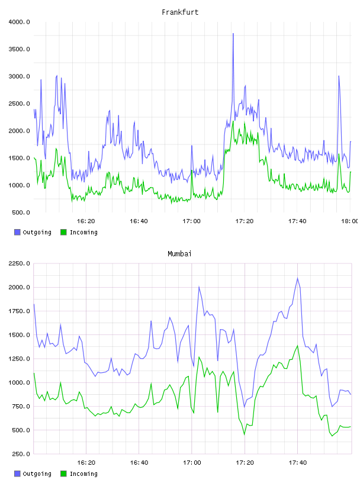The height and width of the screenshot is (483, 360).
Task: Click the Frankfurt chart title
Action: pos(180,12)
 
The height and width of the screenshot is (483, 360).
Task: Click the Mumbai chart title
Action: pos(179,253)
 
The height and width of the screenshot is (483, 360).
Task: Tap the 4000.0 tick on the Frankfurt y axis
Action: pos(19,22)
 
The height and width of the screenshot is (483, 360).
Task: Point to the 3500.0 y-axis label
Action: pos(19,49)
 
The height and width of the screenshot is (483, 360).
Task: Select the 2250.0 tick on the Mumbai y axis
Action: pos(19,263)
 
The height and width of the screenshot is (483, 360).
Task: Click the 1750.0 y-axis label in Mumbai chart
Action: pos(19,311)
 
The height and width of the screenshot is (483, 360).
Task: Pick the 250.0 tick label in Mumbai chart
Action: pos(21,454)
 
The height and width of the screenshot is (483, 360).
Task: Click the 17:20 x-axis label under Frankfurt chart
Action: pos(245,221)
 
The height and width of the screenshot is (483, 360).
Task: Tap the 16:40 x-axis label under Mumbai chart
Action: pos(139,462)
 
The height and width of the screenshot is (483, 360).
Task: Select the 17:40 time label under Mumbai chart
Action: pos(298,462)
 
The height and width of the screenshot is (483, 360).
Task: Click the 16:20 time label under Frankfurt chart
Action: pos(86,221)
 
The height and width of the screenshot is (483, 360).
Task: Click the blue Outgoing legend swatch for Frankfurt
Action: pos(17,232)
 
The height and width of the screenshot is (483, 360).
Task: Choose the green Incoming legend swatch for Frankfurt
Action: pos(63,232)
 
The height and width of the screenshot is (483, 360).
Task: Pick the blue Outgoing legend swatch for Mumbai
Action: pos(17,474)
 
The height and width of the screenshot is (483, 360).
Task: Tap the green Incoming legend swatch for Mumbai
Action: pos(63,474)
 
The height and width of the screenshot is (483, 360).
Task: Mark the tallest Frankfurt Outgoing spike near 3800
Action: pos(233,34)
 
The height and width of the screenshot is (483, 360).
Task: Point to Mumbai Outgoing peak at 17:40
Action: pos(297,278)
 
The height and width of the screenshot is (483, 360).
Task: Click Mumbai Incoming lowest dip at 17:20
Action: pos(245,434)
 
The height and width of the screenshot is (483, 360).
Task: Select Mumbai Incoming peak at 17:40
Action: pos(297,346)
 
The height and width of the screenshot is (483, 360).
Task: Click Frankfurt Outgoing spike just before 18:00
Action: pos(339,76)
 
